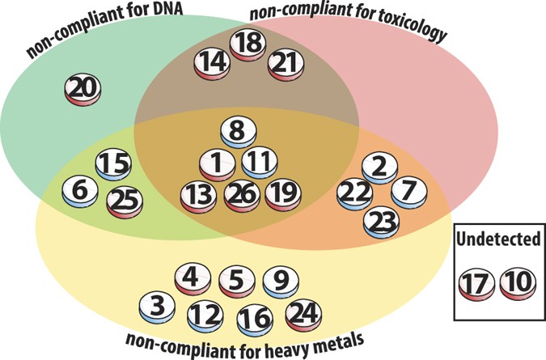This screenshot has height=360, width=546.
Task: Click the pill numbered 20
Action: coord(83,88)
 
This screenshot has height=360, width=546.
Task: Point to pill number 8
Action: coord(235,129)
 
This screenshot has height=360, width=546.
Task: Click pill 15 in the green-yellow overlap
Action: coord(113,163)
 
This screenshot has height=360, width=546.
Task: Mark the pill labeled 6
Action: coord(79,190)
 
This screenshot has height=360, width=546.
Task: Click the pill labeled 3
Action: coord(156,306)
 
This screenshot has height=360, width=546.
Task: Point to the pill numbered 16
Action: coord(256,316)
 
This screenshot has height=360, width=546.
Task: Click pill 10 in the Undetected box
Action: coord(515,283)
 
